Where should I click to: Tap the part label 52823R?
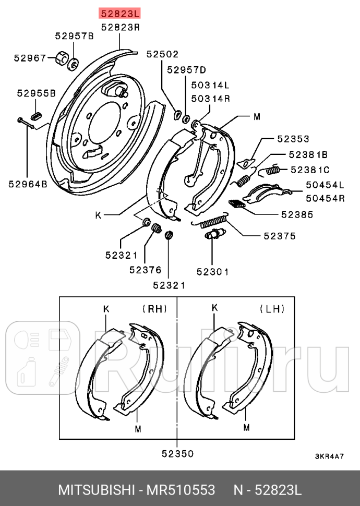click(120, 26)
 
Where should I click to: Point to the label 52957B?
click(74, 36)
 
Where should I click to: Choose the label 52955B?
click(36, 93)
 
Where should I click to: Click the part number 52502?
click(162, 54)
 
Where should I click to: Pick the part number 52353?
click(293, 139)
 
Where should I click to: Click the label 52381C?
click(310, 170)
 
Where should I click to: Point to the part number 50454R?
click(325, 198)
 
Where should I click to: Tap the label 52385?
click(297, 214)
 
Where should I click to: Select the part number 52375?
click(280, 236)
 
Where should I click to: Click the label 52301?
click(212, 272)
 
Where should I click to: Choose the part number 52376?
click(146, 270)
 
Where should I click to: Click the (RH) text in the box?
click(154, 309)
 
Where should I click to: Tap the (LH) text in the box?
click(272, 309)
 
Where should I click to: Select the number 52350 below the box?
click(177, 454)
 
